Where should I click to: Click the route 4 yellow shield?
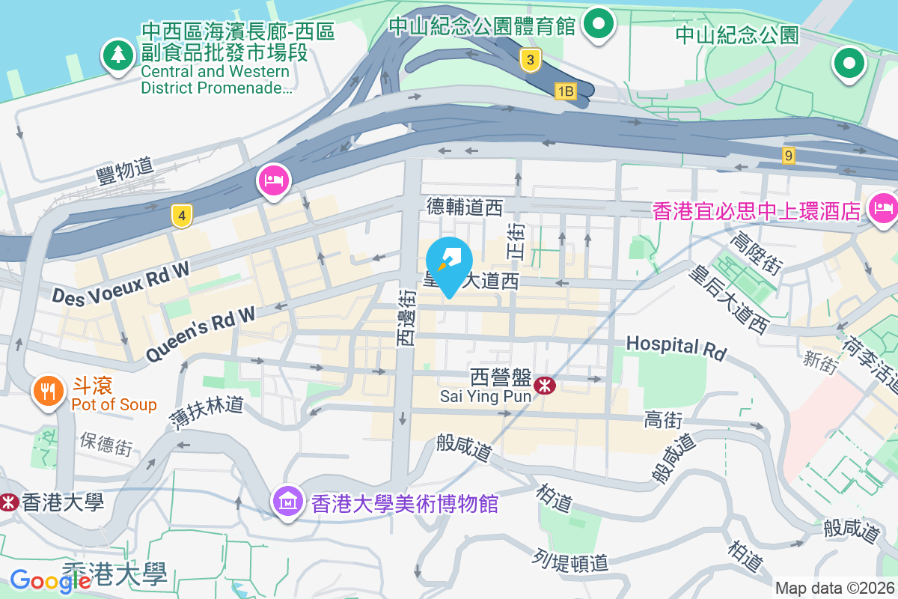tap(180, 216)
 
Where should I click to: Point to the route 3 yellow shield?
tap(530, 61)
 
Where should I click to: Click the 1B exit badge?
tap(566, 91)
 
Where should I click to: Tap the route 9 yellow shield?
tap(788, 155)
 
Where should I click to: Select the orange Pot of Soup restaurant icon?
tap(48, 391)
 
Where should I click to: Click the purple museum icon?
tap(288, 500)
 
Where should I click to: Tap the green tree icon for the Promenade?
tap(117, 55)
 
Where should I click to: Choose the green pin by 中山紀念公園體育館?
tap(599, 23)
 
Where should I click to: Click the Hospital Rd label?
tap(676, 347)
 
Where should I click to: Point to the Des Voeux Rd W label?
tap(120, 285)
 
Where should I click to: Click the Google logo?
tap(40, 581)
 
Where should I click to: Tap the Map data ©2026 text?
tap(834, 588)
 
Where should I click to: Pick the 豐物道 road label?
tap(124, 171)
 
